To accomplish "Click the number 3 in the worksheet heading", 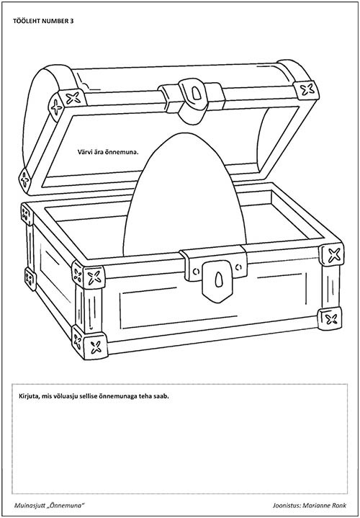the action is (72, 21).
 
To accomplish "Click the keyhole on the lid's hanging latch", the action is (196, 94).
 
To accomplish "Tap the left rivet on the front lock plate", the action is (197, 271).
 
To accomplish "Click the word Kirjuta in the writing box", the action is (26, 396).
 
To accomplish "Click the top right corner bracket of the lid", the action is (306, 90).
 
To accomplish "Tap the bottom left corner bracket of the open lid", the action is (25, 181).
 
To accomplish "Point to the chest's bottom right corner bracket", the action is (330, 318).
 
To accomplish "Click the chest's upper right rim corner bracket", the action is (332, 254).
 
